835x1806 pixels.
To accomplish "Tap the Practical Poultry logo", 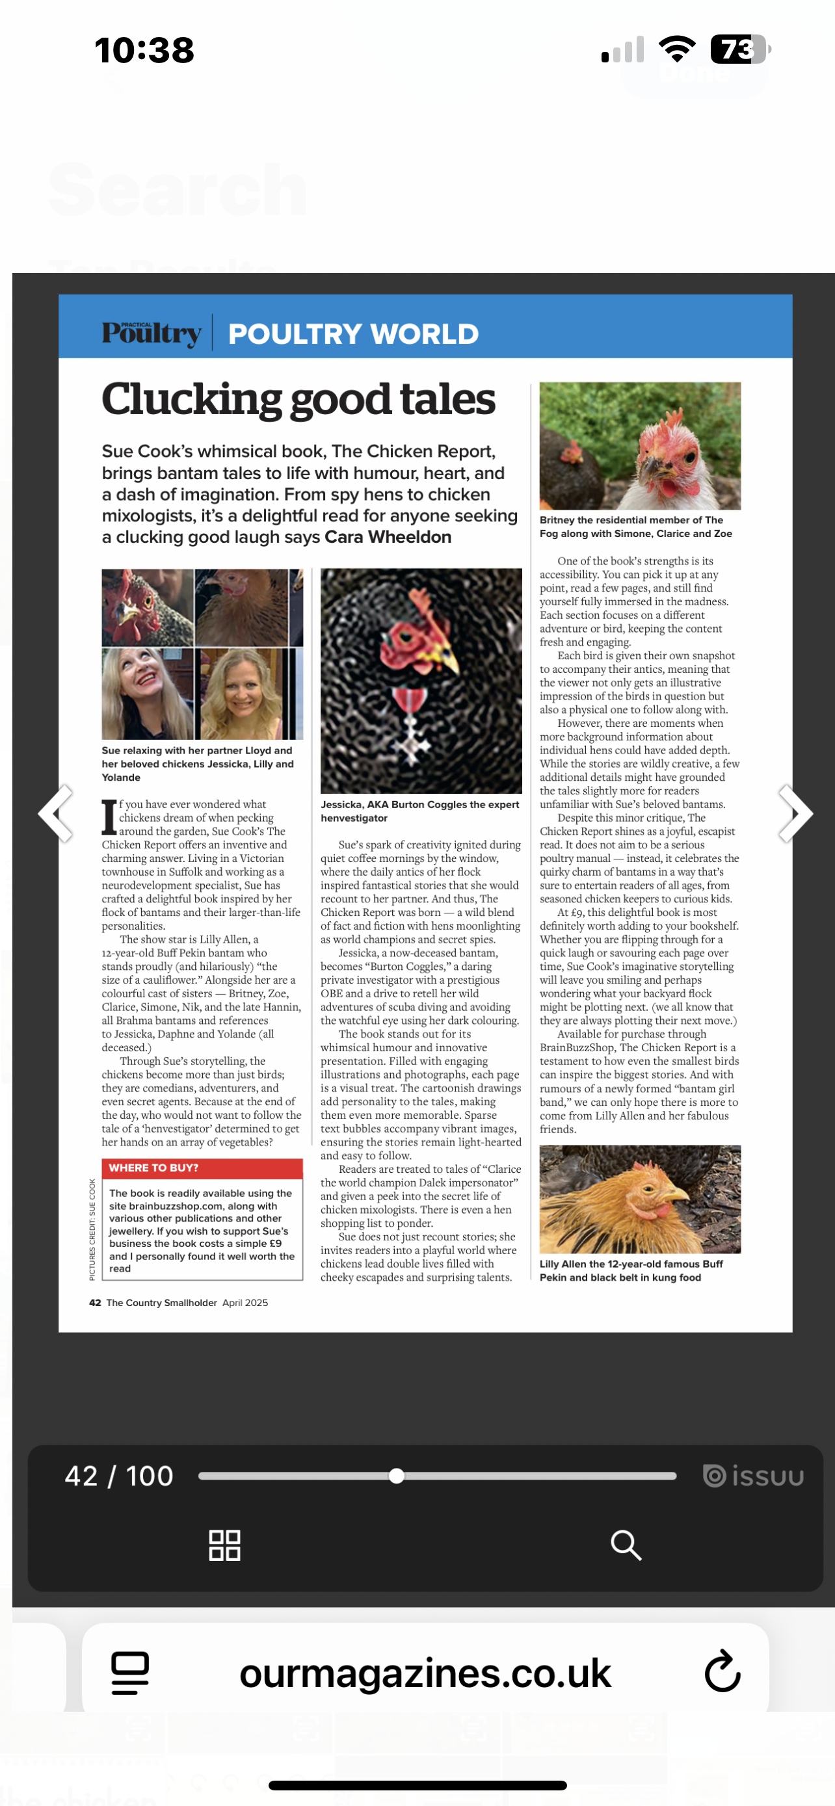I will tap(152, 332).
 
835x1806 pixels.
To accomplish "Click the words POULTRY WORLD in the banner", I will tap(353, 334).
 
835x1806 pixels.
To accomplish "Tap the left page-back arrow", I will tap(56, 813).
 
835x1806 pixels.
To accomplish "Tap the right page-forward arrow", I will tap(795, 813).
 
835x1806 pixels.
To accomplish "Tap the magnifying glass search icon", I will tap(626, 1545).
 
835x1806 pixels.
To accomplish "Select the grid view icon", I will tap(224, 1545).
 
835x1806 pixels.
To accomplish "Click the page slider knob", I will tap(397, 1476).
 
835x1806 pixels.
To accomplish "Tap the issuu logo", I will tap(753, 1476).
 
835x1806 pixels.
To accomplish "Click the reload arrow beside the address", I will tap(722, 1672).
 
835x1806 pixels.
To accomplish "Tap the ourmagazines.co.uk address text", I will tap(425, 1673).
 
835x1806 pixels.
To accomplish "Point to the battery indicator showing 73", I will tap(739, 49).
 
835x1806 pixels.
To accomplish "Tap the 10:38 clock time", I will tap(144, 51).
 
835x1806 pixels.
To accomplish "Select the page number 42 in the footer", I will tap(96, 1303).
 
